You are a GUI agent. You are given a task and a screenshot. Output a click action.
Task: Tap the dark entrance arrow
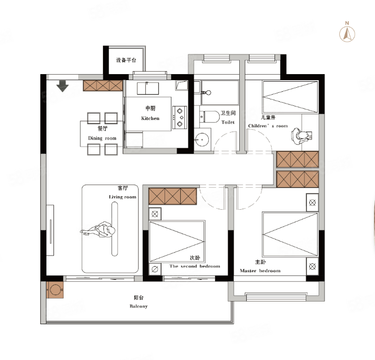point(63,86)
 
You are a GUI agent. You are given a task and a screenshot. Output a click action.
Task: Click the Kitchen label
point(150,118)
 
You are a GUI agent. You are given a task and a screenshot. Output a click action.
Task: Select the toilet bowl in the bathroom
point(209,117)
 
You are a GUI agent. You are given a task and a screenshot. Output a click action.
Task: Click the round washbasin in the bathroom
point(202,139)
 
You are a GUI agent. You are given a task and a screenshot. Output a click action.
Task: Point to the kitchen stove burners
point(180,117)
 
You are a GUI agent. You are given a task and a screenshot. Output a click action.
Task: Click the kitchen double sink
point(148,88)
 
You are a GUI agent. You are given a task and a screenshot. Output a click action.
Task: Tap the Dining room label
point(102,138)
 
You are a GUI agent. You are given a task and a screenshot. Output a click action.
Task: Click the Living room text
point(123,197)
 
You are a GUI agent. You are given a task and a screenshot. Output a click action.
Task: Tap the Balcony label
point(138,306)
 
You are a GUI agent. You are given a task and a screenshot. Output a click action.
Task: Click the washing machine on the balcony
point(55,290)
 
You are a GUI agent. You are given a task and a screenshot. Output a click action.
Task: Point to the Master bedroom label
point(260,271)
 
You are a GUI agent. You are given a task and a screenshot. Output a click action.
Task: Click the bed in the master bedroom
point(290,234)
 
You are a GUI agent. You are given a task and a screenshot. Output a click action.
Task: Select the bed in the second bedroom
point(177,242)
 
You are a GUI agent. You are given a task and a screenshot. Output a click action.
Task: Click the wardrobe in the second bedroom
point(173,196)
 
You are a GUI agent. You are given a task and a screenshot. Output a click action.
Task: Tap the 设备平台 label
point(126,60)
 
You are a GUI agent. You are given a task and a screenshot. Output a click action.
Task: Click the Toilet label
point(228,122)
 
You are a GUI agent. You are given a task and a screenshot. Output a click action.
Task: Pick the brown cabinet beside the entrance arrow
point(103,86)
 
